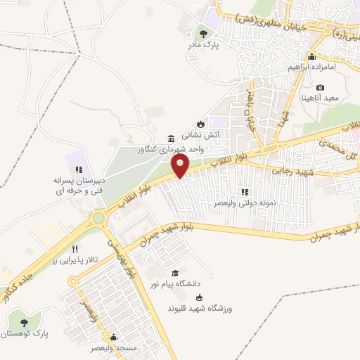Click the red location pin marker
(x=181, y=166)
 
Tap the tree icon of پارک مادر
(x=203, y=32)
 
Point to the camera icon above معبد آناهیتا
(x=321, y=88)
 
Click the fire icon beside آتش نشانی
(x=200, y=120)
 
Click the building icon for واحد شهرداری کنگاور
(x=171, y=138)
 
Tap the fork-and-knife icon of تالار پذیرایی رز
(x=75, y=249)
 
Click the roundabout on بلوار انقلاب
(x=98, y=219)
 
